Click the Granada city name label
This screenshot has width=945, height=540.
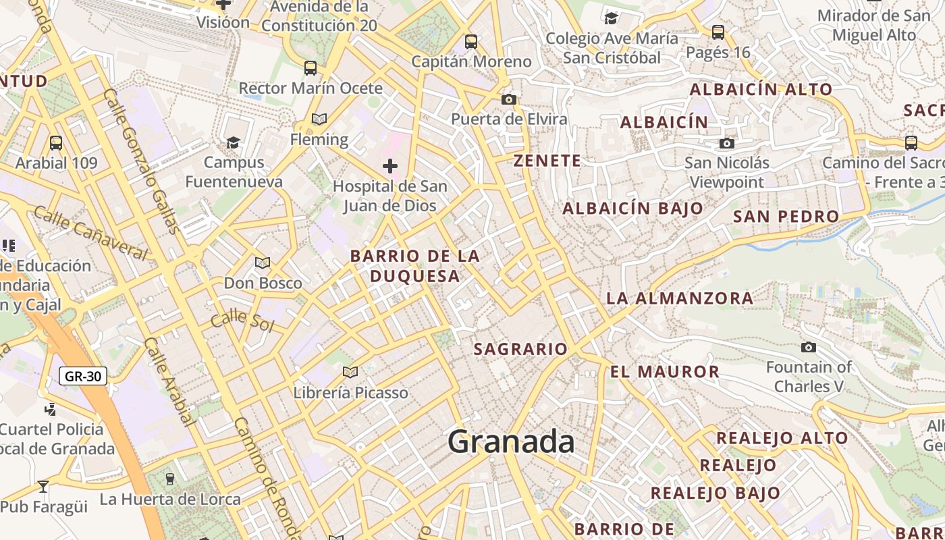pyautogui.click(x=511, y=442)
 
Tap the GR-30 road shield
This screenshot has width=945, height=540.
pyautogui.click(x=83, y=376)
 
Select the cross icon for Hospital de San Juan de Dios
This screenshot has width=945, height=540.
pyautogui.click(x=390, y=165)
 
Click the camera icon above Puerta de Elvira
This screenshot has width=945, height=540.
pyautogui.click(x=509, y=100)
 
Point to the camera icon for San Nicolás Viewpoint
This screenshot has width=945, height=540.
pyautogui.click(x=727, y=143)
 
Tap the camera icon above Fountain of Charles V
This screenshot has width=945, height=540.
pyautogui.click(x=808, y=348)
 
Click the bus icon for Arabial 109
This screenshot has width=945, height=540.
pyautogui.click(x=56, y=143)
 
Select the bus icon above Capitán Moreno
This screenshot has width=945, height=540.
pyautogui.click(x=471, y=42)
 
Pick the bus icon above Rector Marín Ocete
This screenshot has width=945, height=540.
pyautogui.click(x=310, y=68)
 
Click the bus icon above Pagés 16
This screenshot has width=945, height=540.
pyautogui.click(x=718, y=32)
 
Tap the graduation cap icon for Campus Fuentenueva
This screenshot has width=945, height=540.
pyautogui.click(x=234, y=142)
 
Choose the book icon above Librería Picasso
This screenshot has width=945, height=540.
pyautogui.click(x=350, y=372)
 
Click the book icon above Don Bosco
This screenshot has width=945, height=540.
pyautogui.click(x=263, y=263)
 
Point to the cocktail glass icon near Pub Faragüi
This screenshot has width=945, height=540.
pyautogui.click(x=43, y=486)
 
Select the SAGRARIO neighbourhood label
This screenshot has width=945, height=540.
pyautogui.click(x=520, y=349)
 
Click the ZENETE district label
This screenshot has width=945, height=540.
pyautogui.click(x=547, y=161)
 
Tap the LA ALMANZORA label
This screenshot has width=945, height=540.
pyautogui.click(x=679, y=298)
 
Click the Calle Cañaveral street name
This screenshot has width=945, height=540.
pyautogui.click(x=90, y=233)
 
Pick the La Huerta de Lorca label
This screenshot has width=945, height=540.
pyautogui.click(x=170, y=500)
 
